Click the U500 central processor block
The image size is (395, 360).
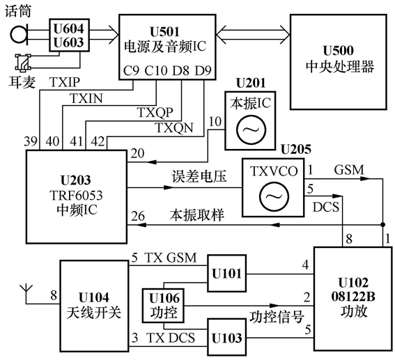click(x=339, y=61)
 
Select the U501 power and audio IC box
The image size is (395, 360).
click(x=165, y=45)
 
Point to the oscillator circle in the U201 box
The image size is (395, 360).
click(x=248, y=130)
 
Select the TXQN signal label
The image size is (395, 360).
click(x=171, y=128)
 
